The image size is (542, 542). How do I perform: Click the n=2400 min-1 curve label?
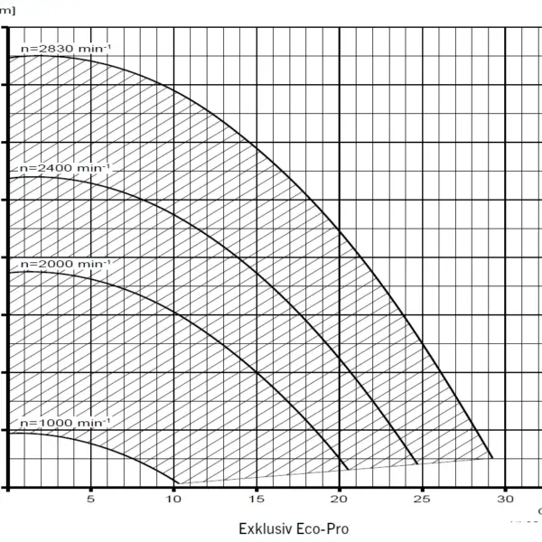[x=64, y=168]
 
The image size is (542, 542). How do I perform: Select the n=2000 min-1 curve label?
[x=66, y=263]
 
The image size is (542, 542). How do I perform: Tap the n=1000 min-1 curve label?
[x=65, y=423]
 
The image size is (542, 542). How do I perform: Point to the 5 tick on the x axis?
[x=90, y=499]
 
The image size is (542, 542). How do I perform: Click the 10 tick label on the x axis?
[x=173, y=499]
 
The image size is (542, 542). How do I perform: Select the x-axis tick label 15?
[x=257, y=499]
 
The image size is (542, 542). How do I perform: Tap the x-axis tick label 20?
[x=340, y=499]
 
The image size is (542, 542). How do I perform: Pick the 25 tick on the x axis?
[x=423, y=499]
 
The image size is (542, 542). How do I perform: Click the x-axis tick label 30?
[x=506, y=499]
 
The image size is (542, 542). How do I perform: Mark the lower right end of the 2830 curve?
[x=492, y=457]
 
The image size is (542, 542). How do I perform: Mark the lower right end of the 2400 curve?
[x=418, y=464]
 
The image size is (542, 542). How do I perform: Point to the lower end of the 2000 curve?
[x=349, y=469]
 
